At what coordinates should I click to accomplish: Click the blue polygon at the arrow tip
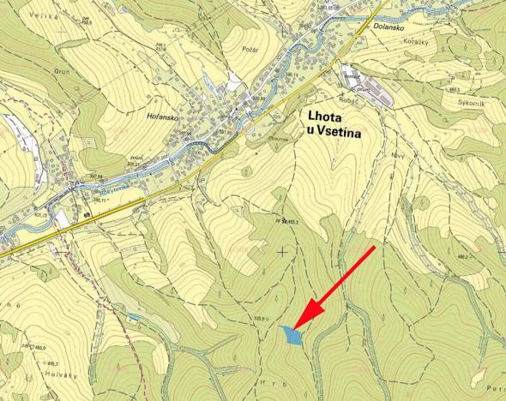[292, 335]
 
